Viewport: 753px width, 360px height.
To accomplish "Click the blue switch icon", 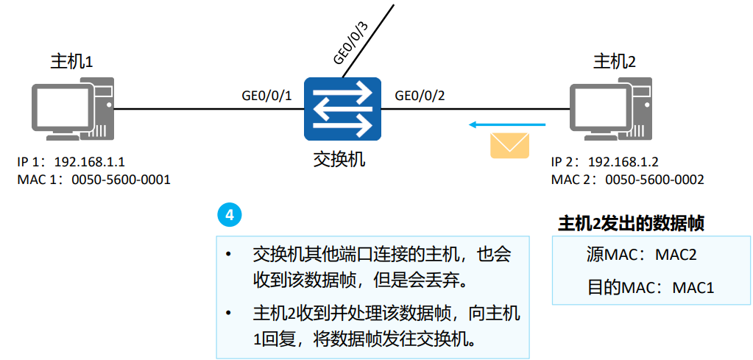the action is (x=342, y=109).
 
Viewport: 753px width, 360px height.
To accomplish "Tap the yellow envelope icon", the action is (x=509, y=144).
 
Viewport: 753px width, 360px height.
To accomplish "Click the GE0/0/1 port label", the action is (x=267, y=96).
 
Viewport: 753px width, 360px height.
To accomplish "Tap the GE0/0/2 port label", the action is (x=420, y=96).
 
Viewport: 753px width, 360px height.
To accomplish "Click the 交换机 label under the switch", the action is (x=339, y=158).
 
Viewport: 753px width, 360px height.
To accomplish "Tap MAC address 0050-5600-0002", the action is (x=654, y=179).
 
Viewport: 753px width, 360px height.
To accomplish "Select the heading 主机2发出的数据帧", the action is (x=631, y=223).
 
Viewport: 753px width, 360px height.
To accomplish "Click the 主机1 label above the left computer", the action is (x=71, y=60).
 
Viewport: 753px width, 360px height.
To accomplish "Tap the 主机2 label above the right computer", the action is (x=614, y=60).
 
